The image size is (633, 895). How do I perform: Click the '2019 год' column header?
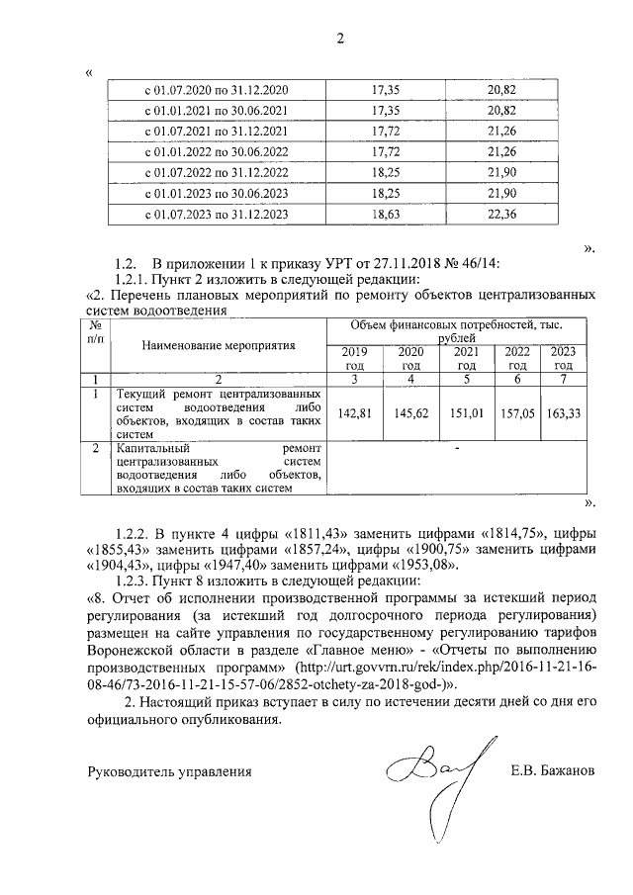354,359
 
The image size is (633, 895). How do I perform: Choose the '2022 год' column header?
518,359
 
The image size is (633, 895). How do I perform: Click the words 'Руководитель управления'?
169,771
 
